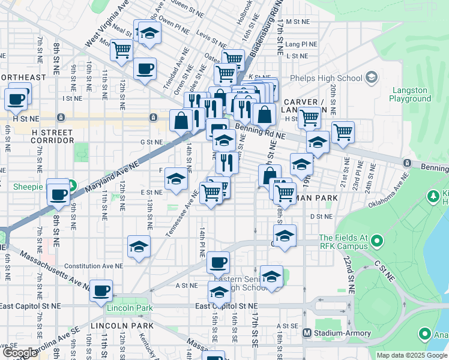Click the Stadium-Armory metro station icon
click(x=307, y=332)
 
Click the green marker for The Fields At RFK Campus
click(x=376, y=242)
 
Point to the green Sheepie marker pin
click(x=71, y=186)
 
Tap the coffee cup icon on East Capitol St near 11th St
click(x=101, y=290)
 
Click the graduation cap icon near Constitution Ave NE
click(x=139, y=247)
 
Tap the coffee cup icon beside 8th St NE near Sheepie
click(x=58, y=194)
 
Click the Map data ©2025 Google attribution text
click(x=411, y=355)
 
